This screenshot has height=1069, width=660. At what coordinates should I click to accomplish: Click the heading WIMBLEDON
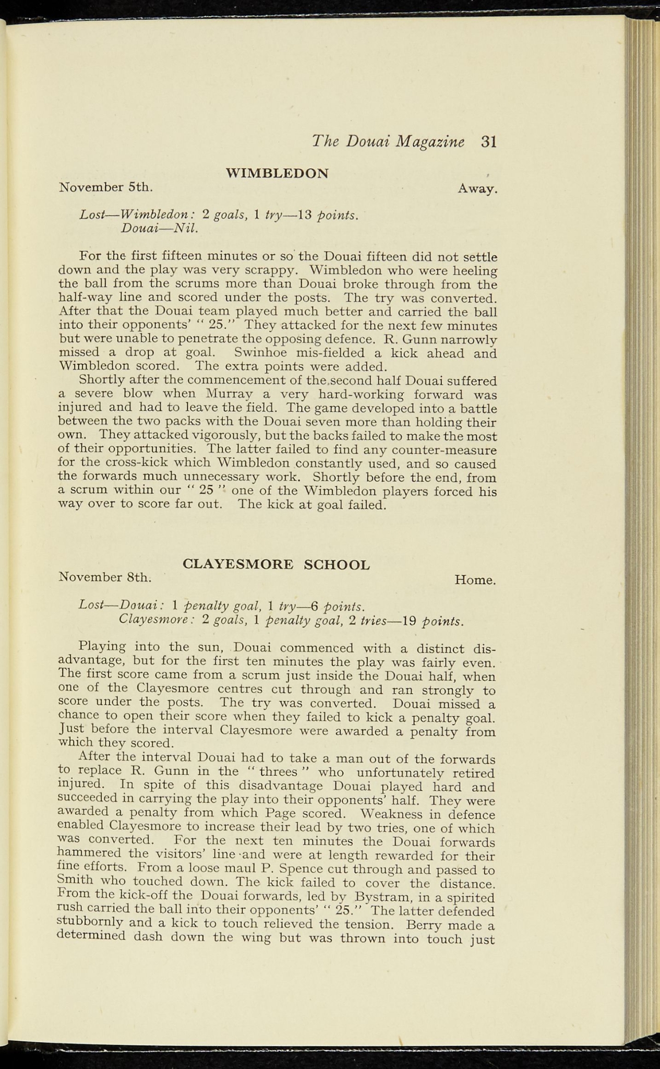pyautogui.click(x=277, y=173)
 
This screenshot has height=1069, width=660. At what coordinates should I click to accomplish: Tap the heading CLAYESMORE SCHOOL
pyautogui.click(x=277, y=564)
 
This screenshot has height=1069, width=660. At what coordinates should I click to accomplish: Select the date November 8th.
pyautogui.click(x=106, y=577)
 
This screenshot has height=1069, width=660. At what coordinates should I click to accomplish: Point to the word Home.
pyautogui.click(x=475, y=580)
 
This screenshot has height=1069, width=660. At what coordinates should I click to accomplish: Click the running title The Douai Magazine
pyautogui.click(x=388, y=142)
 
